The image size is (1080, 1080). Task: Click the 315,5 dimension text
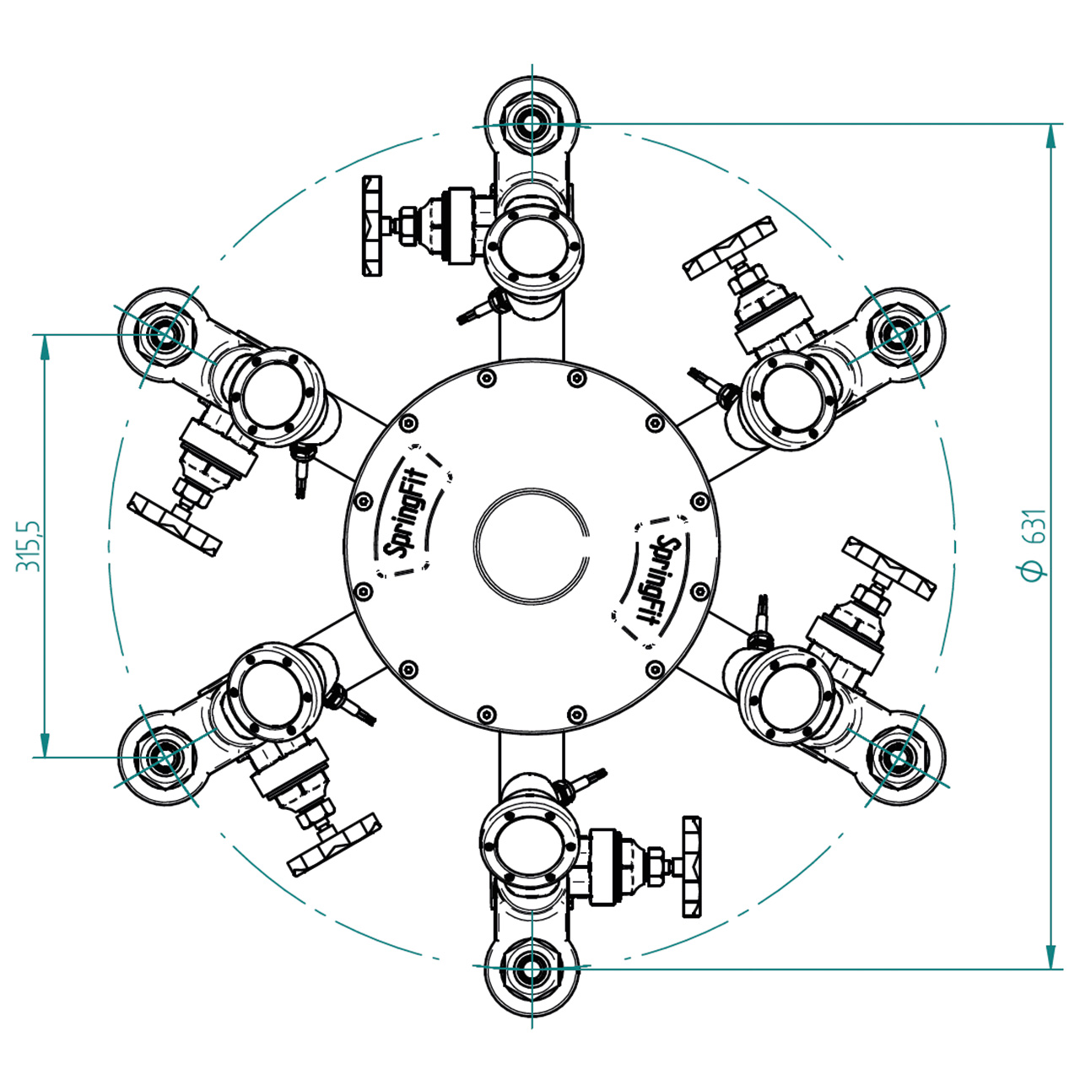click(28, 546)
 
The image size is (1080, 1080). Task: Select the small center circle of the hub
click(532, 545)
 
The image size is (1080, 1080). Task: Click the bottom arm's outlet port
click(532, 967)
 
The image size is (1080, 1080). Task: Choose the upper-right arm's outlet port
click(898, 335)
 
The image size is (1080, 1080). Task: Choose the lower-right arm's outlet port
click(898, 757)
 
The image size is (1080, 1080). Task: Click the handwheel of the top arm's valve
click(373, 226)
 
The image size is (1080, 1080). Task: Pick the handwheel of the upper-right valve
click(731, 249)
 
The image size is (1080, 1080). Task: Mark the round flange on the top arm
click(534, 246)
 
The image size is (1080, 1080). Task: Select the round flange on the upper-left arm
click(277, 397)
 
